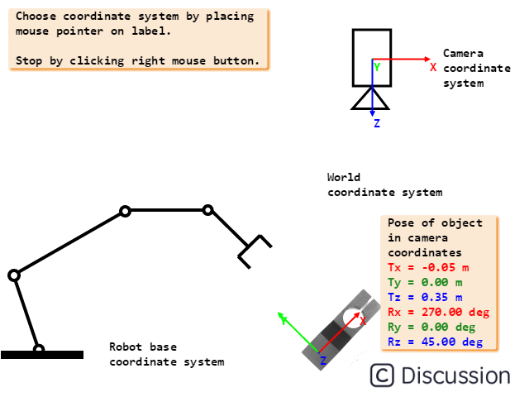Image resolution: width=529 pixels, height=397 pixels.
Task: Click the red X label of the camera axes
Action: pyautogui.click(x=433, y=67)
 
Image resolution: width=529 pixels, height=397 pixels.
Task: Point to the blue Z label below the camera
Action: pyautogui.click(x=377, y=123)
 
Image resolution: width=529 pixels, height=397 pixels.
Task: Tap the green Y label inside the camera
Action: pyautogui.click(x=377, y=67)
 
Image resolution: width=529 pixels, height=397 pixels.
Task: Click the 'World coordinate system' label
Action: pyautogui.click(x=384, y=184)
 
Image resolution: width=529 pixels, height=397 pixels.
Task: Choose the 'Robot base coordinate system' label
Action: pyautogui.click(x=166, y=354)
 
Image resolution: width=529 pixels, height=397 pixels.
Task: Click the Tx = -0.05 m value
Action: pyautogui.click(x=428, y=267)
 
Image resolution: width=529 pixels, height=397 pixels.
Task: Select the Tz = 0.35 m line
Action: pyautogui.click(x=425, y=297)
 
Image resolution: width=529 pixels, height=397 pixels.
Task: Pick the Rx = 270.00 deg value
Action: pyautogui.click(x=438, y=312)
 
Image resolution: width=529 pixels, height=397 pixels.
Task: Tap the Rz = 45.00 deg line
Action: pyautogui.click(x=435, y=342)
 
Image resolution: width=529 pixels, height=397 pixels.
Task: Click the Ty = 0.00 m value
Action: pyautogui.click(x=425, y=282)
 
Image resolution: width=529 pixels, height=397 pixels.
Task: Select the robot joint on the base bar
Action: pyautogui.click(x=39, y=350)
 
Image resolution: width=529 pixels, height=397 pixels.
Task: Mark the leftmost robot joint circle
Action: pyautogui.click(x=14, y=275)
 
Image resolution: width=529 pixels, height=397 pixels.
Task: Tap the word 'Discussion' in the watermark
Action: pyautogui.click(x=455, y=375)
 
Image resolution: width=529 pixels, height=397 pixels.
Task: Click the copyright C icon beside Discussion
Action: pyautogui.click(x=382, y=375)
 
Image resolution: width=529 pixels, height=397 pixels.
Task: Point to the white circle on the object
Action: pyautogui.click(x=353, y=319)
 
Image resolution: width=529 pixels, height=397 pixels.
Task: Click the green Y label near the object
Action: pyautogui.click(x=284, y=321)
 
